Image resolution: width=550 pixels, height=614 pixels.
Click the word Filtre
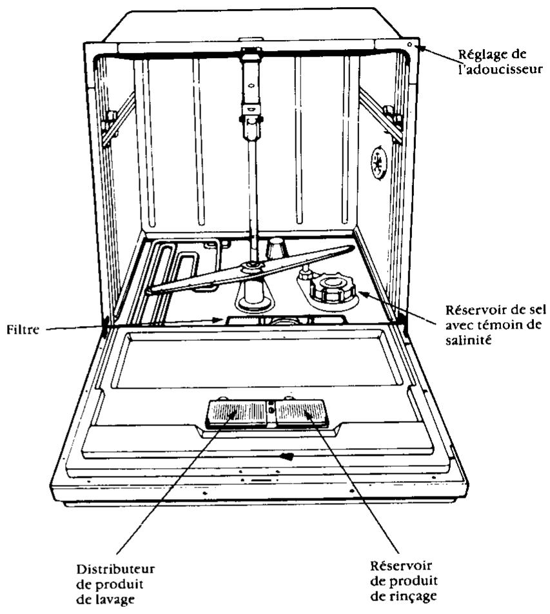pyautogui.click(x=19, y=329)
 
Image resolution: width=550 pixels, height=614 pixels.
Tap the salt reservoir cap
pyautogui.click(x=333, y=287)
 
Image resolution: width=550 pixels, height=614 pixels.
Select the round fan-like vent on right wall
pyautogui.click(x=379, y=163)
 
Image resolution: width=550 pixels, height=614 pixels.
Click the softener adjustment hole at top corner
pyautogui.click(x=410, y=45)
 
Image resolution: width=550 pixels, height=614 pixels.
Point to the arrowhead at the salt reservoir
pyautogui.click(x=362, y=294)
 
